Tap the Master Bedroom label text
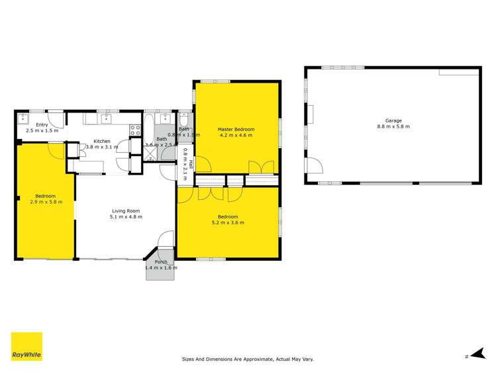236,129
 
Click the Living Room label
126,211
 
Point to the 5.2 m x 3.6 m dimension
228,222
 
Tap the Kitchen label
102,141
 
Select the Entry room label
42,124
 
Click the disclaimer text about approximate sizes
248,359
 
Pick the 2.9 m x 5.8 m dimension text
45,202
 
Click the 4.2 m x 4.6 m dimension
236,135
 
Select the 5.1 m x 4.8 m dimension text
126,217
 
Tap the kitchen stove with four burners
134,130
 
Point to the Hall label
191,164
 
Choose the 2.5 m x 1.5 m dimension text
42,130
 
